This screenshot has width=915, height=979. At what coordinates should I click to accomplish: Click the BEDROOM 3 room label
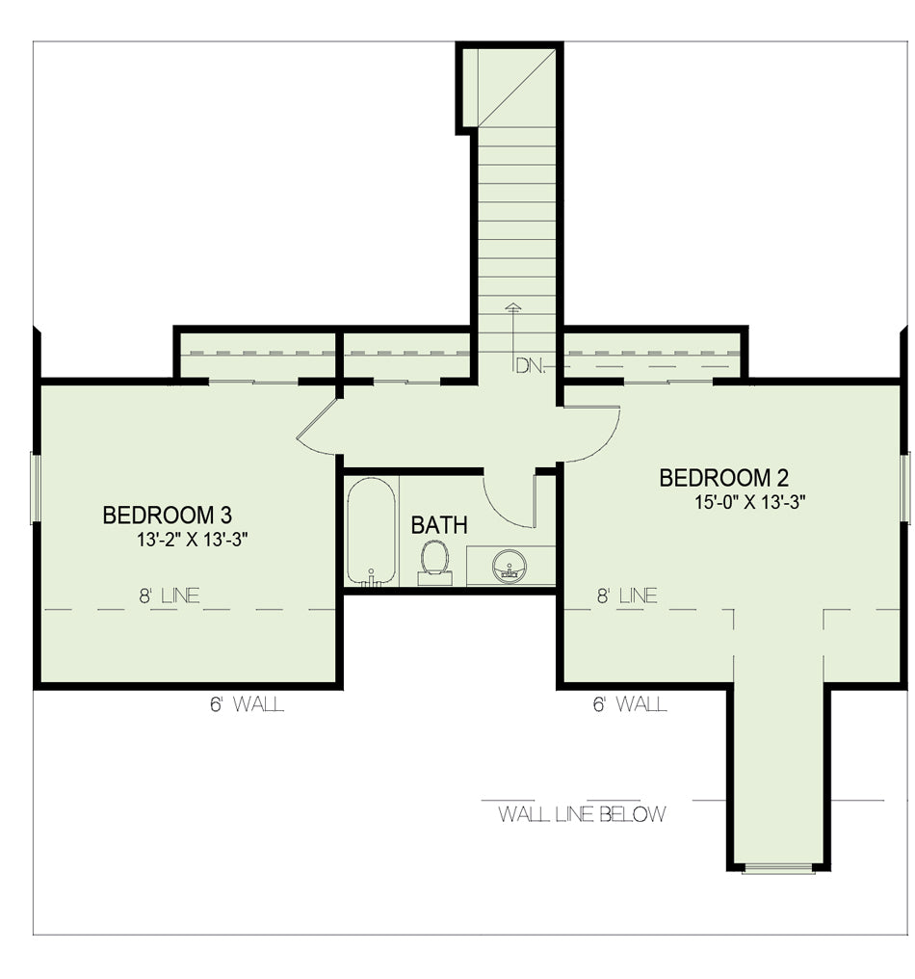(x=168, y=516)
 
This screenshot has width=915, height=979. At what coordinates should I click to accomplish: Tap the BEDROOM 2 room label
(x=724, y=478)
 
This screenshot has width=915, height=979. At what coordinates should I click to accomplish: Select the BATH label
(x=439, y=525)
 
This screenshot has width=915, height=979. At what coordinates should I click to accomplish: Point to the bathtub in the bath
(x=371, y=531)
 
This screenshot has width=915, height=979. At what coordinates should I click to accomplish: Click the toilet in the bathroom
(x=435, y=562)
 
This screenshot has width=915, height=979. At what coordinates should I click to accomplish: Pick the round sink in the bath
(x=510, y=567)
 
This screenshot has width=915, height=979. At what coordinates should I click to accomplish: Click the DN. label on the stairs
(x=531, y=366)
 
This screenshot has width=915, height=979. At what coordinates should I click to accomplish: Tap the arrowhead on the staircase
(x=513, y=306)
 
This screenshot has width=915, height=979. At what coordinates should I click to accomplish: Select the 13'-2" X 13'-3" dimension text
(x=193, y=540)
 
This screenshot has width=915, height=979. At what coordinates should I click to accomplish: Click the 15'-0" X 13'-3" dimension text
(x=750, y=502)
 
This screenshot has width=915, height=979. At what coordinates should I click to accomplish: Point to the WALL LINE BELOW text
(x=582, y=814)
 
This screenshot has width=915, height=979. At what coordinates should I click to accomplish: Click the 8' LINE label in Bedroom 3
(x=170, y=595)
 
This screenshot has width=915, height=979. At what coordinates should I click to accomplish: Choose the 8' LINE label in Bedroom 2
(x=627, y=595)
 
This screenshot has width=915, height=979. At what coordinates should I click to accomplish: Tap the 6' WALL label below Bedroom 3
(x=248, y=704)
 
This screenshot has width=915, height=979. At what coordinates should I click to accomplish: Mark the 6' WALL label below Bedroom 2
(x=631, y=704)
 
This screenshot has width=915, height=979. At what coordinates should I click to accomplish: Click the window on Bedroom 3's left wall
(x=36, y=489)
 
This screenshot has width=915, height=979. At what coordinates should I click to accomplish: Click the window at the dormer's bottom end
(x=778, y=868)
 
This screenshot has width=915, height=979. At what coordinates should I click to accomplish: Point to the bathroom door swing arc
(x=501, y=510)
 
